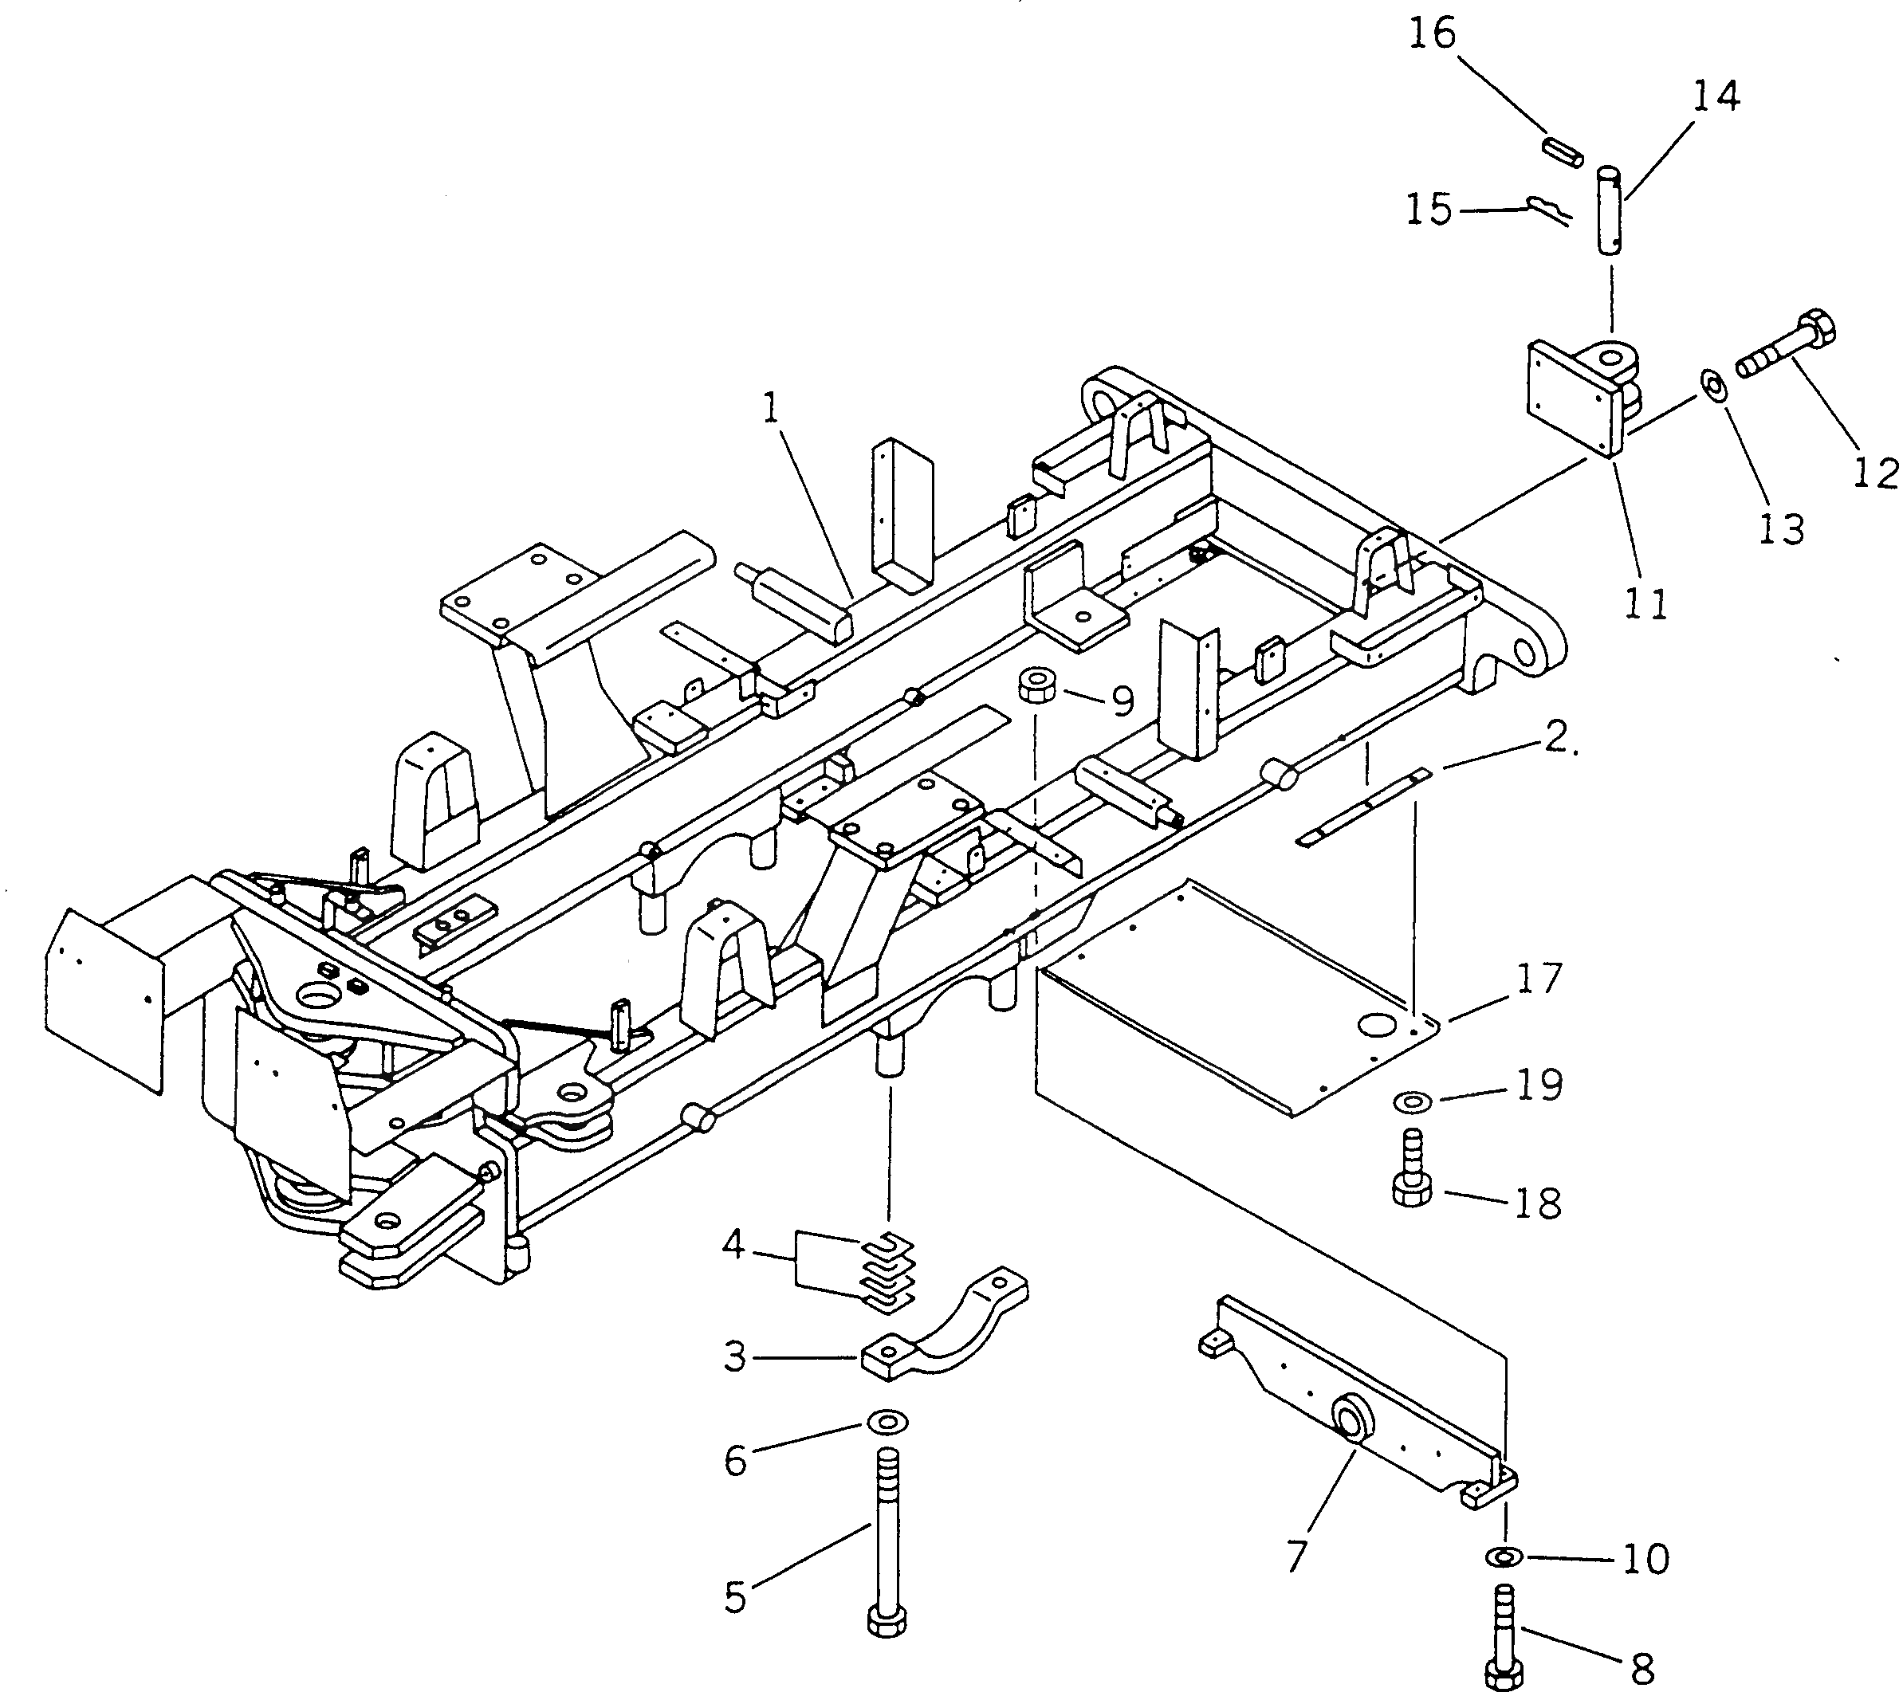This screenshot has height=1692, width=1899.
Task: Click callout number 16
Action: click(x=1431, y=34)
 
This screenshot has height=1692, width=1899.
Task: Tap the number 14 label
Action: click(x=1715, y=96)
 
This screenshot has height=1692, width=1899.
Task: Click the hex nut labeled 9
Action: click(x=1035, y=686)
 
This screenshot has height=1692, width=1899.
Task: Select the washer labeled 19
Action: click(x=1413, y=1102)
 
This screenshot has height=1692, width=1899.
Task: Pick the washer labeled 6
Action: click(x=887, y=1423)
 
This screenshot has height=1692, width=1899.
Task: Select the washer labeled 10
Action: click(x=1504, y=1554)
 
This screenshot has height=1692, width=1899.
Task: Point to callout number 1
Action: click(x=771, y=408)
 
